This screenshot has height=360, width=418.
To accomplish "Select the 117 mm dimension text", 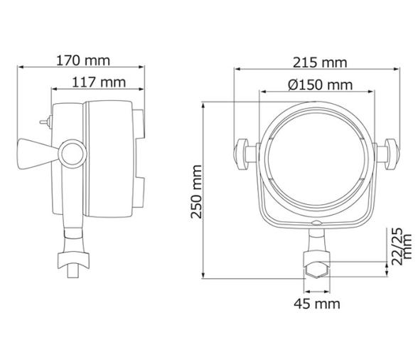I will click(98, 82).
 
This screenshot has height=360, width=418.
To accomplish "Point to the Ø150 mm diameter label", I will click(319, 85).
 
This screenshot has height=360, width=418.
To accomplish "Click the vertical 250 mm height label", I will click(197, 191).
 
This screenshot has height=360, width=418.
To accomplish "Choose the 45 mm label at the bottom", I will click(316, 304).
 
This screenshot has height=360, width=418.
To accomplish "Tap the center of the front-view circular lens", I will click(316, 153).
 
